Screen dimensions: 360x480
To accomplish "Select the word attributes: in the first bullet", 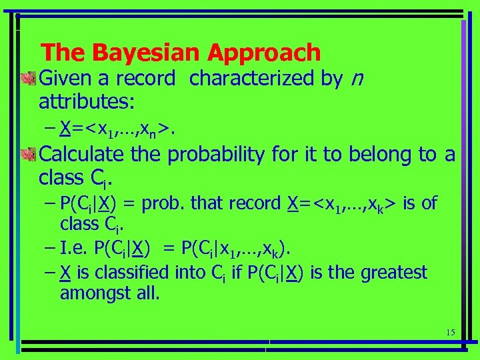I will [87, 102].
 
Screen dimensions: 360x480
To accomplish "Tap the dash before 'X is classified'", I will [51, 272].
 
